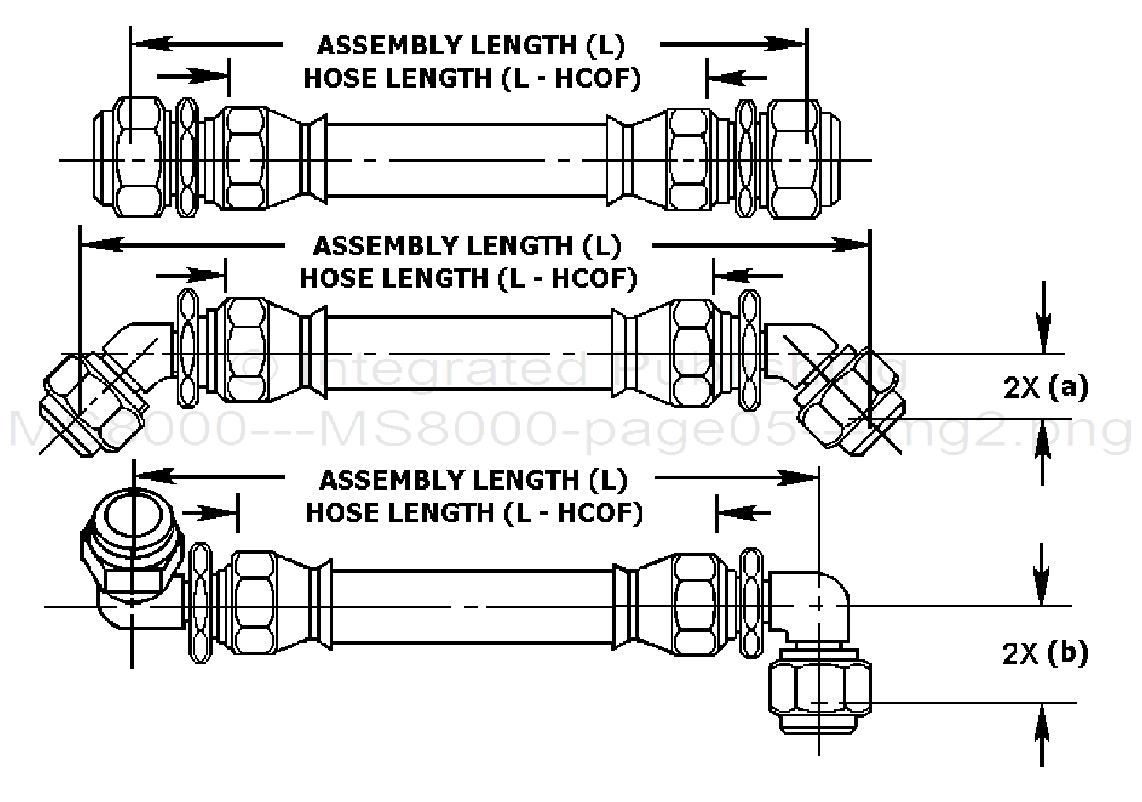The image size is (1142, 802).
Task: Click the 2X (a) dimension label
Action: click(1045, 387)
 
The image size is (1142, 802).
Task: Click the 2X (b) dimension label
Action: click(1045, 654)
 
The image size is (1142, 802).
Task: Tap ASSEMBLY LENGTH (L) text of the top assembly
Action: click(471, 46)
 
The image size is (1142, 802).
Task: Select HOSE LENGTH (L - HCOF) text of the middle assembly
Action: click(468, 278)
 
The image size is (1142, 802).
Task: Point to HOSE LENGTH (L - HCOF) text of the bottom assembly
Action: click(474, 513)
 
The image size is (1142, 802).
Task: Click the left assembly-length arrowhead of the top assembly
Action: click(146, 45)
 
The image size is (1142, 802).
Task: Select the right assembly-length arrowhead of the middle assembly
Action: click(856, 245)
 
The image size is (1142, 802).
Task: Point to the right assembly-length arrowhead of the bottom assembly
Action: click(805, 478)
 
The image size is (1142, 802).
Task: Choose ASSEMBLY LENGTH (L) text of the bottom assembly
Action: click(473, 479)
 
